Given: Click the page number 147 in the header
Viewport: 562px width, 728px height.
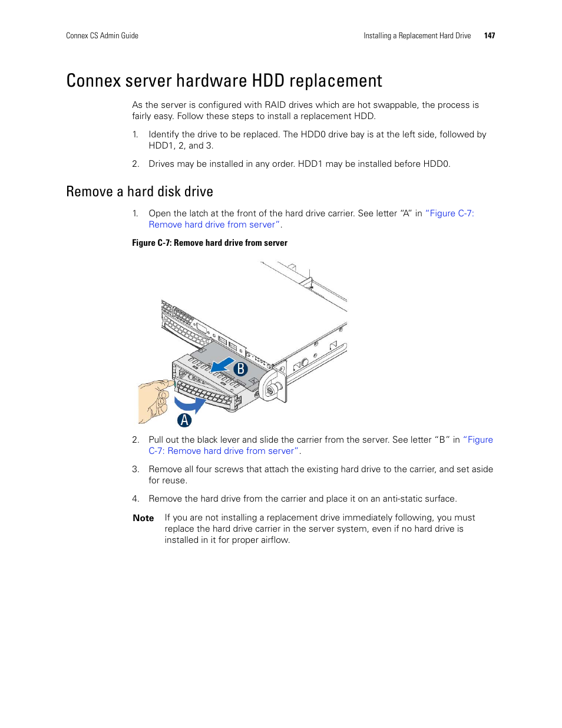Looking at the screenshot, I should coord(489,36).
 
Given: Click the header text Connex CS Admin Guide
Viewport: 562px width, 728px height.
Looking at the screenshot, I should coord(102,36).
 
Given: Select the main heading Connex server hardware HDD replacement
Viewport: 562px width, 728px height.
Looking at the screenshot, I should coord(224,81).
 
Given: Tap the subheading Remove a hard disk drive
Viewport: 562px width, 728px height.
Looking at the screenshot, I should coord(140,192).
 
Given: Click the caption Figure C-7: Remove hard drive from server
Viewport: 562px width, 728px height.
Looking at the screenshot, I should coord(210,243).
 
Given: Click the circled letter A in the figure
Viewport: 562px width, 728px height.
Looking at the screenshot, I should coord(184,420).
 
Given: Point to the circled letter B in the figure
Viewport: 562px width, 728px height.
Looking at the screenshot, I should coord(240,369).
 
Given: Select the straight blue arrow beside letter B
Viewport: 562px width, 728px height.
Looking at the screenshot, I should coord(223,365).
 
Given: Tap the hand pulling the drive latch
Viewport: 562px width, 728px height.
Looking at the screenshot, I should coord(155,401).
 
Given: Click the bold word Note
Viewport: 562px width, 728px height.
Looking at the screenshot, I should coord(143,518).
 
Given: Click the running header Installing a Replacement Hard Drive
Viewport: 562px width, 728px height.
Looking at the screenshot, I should coord(417,36).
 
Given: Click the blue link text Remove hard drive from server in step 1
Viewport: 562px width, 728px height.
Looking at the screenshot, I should coord(212,225).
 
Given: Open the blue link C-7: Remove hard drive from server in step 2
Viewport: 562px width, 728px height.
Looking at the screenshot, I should coord(224,451).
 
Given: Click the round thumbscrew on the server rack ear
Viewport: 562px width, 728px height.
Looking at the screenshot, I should coord(272,390).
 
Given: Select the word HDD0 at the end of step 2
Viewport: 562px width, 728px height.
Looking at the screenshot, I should coord(436,164).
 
